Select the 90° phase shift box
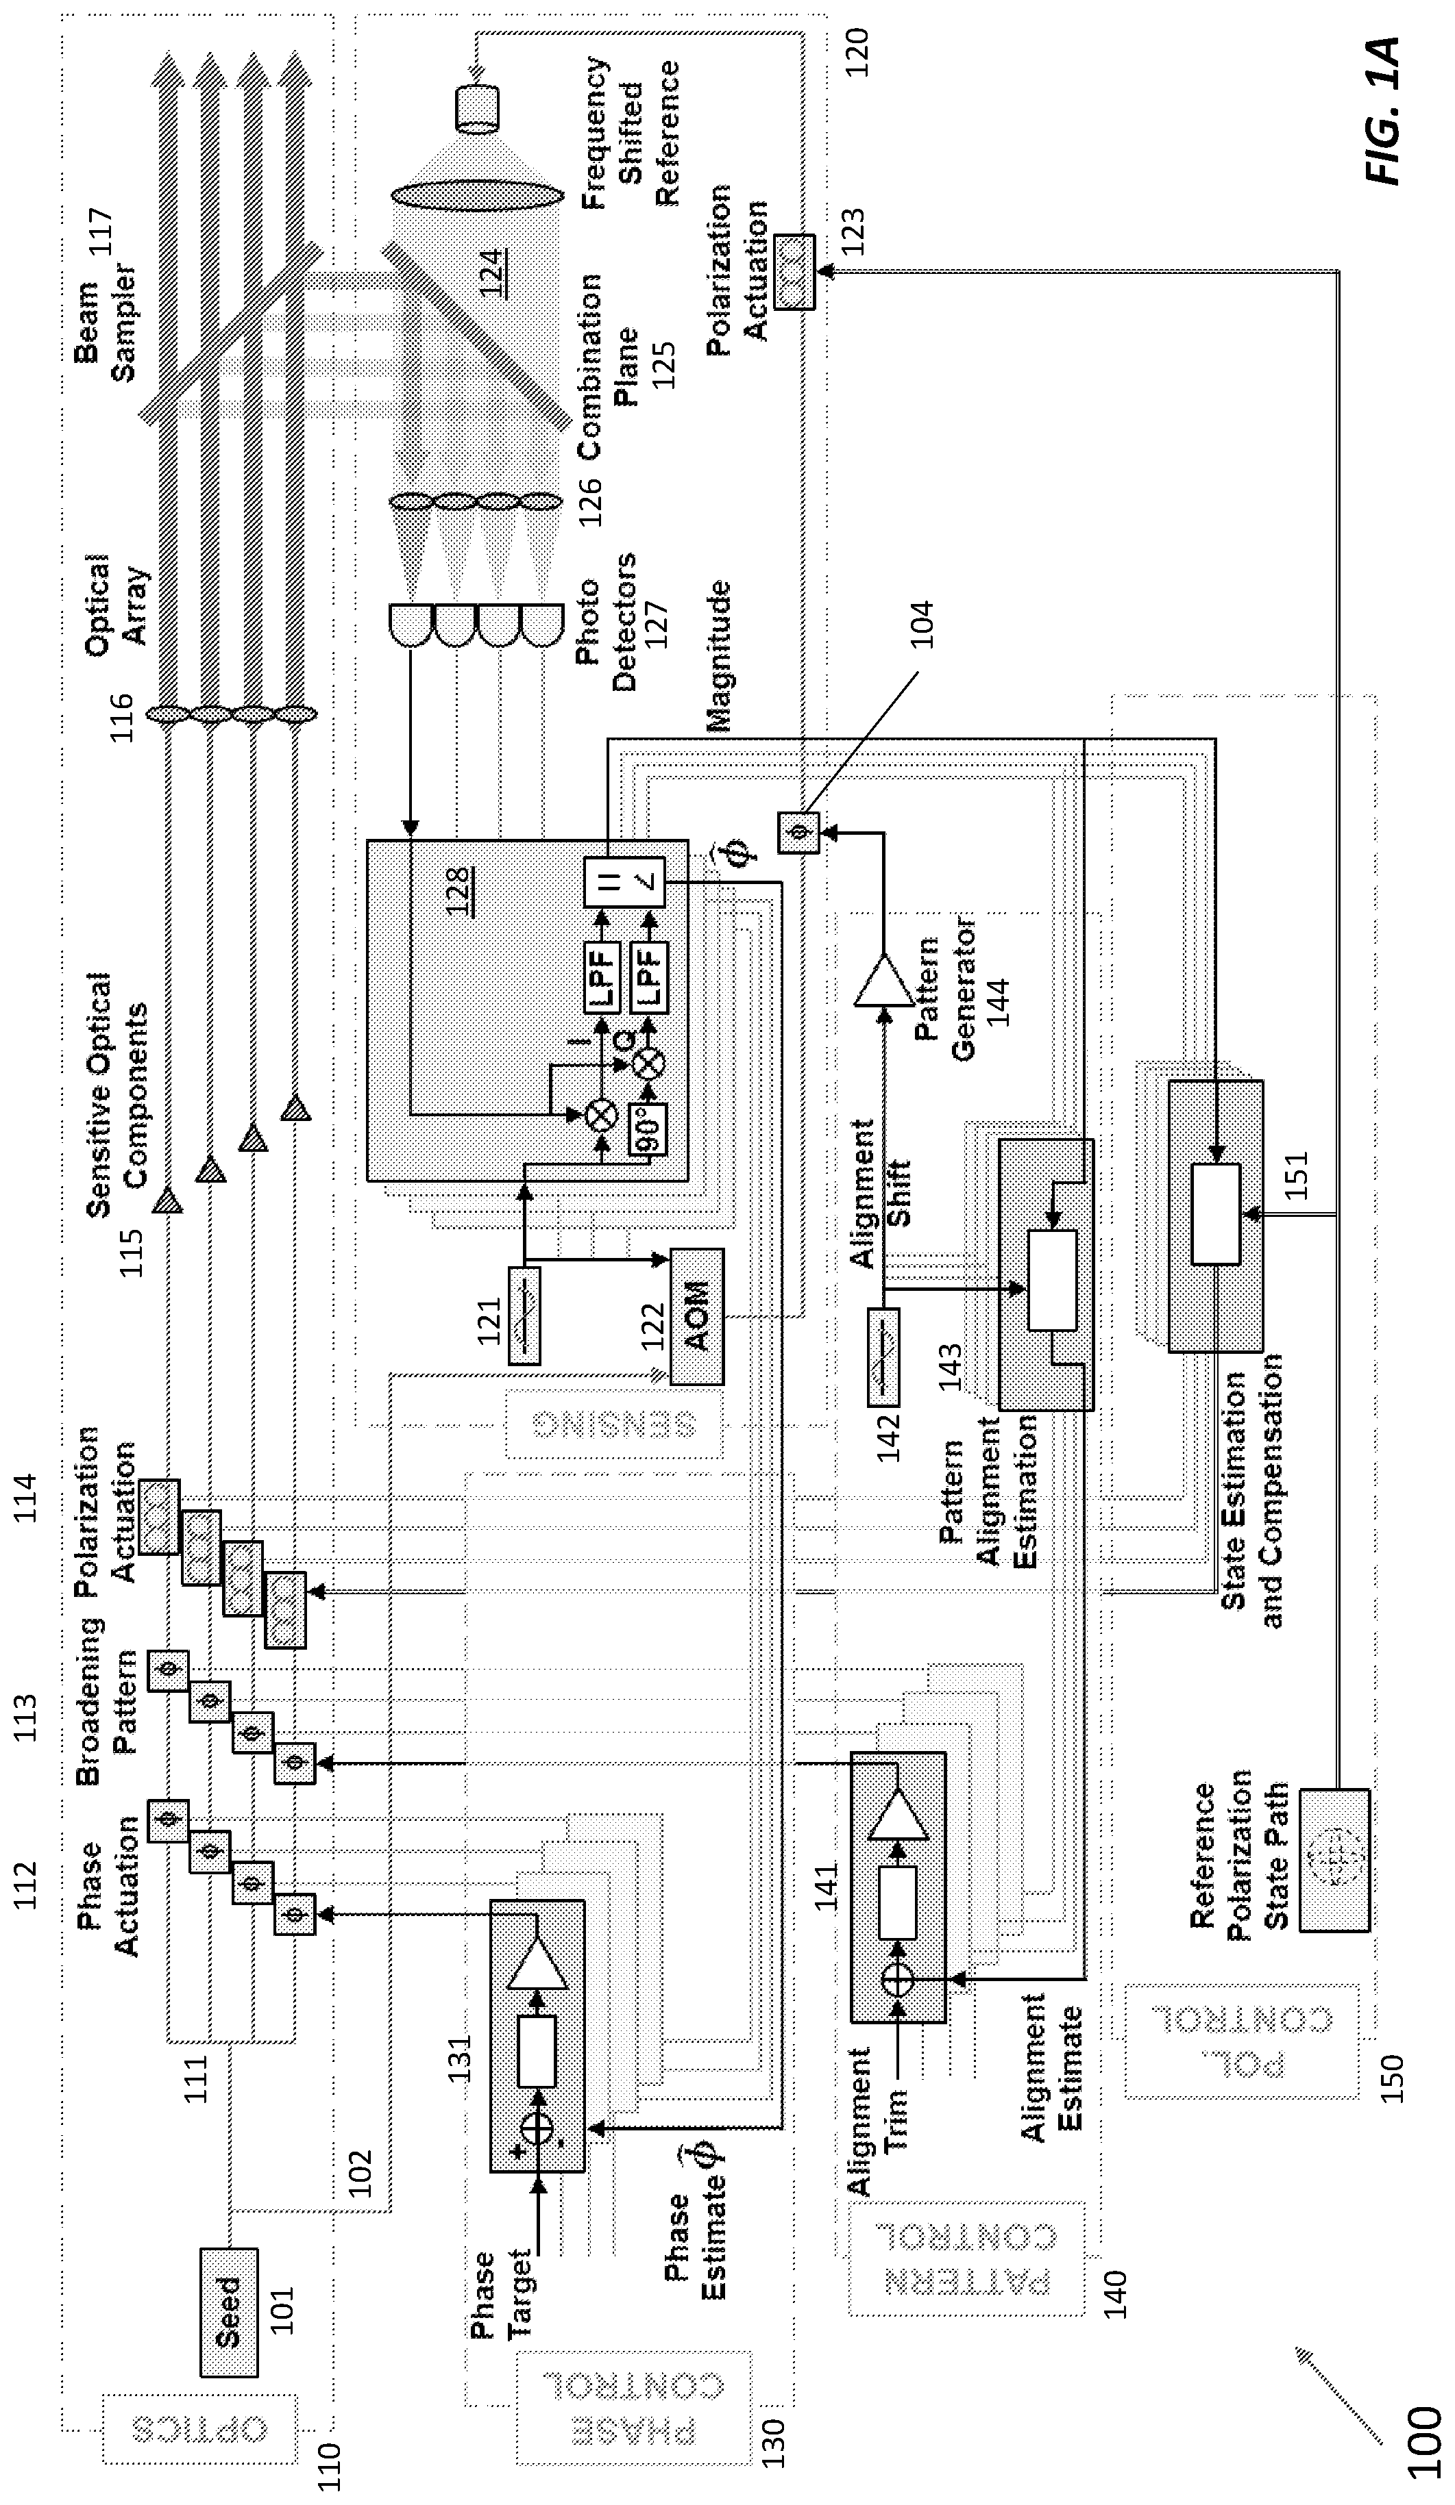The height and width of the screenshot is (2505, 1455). (648, 1129)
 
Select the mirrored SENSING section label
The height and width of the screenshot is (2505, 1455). (613, 1424)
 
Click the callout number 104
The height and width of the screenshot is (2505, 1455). (922, 623)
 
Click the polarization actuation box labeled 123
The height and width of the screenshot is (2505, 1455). (794, 273)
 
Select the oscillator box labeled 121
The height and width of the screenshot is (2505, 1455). (525, 1315)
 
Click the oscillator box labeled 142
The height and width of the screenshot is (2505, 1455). (884, 1356)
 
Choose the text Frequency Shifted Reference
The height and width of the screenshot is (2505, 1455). (630, 134)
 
